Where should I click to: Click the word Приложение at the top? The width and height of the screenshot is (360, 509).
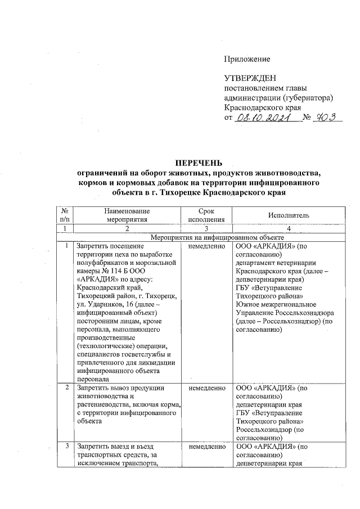tap(247, 59)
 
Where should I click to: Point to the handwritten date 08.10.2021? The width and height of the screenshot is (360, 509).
tap(263, 118)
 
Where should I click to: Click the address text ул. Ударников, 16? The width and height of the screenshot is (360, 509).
tap(105, 305)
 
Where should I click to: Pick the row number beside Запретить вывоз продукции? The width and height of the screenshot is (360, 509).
tap(67, 387)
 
